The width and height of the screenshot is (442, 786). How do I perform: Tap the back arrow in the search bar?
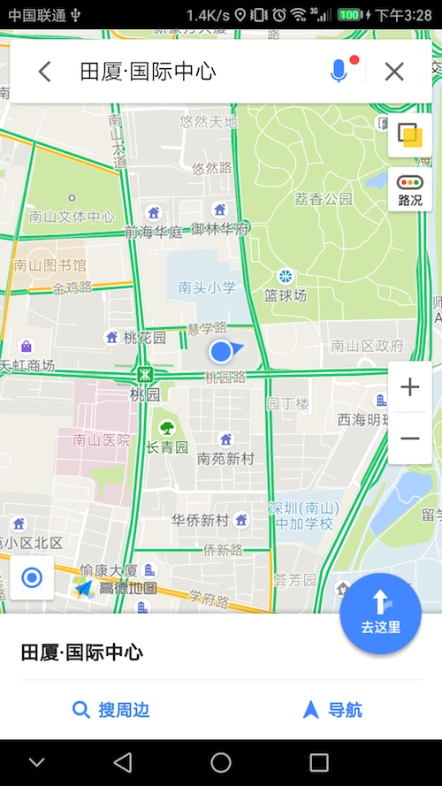point(44,72)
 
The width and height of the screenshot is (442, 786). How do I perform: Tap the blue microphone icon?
point(339,72)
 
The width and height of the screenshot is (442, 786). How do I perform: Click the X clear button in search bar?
point(394,72)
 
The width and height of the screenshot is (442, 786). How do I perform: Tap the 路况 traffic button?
point(410,189)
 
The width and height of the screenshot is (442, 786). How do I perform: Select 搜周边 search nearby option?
point(110,709)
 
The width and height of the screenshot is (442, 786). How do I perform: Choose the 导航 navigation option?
point(332,709)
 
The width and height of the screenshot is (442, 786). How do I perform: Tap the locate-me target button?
point(32,578)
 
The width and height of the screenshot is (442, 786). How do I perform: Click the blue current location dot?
point(221,352)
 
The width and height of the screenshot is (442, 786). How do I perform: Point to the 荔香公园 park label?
point(324,199)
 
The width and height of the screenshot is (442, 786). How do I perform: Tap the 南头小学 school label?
point(207,287)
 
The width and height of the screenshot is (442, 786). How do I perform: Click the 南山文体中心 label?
point(72,216)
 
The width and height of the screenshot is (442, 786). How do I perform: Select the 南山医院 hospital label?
point(102,439)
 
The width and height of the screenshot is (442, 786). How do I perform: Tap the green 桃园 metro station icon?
point(143,374)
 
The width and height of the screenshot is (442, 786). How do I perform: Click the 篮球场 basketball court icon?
point(286,277)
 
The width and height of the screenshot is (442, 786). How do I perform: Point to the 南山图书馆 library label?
point(50,264)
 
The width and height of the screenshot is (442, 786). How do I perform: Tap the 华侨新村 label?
point(201,519)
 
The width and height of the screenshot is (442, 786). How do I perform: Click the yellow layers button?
point(409,134)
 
